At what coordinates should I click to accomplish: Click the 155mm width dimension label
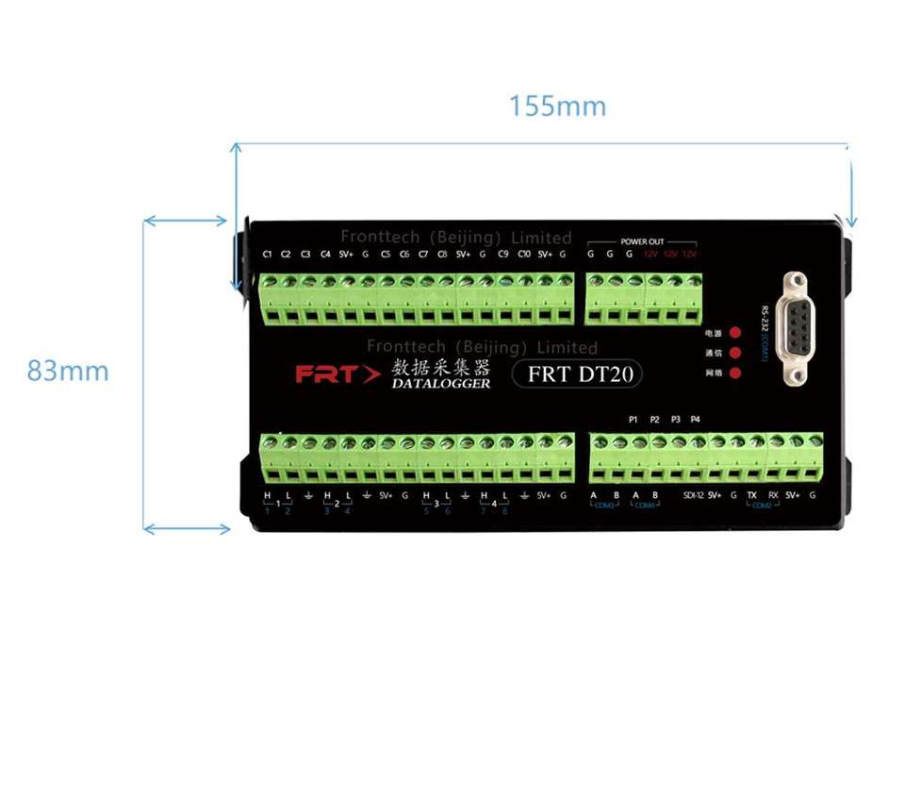[x=557, y=107]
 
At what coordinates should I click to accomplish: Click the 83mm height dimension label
[x=68, y=372]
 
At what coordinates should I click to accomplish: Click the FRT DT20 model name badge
[x=578, y=373]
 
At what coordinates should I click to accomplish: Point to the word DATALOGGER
[x=441, y=384]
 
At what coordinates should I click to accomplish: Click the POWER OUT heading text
[x=642, y=242]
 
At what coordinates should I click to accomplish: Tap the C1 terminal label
[x=267, y=255]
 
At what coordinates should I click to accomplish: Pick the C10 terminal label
[x=523, y=255]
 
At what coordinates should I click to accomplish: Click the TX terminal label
[x=751, y=496]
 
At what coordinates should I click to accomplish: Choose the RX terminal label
[x=772, y=496]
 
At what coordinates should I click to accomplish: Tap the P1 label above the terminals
[x=633, y=419]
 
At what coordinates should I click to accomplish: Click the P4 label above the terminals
[x=696, y=419]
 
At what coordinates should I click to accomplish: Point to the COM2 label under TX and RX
[x=762, y=506]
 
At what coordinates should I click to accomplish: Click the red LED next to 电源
[x=734, y=333]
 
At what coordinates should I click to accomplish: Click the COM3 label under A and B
[x=602, y=506]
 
